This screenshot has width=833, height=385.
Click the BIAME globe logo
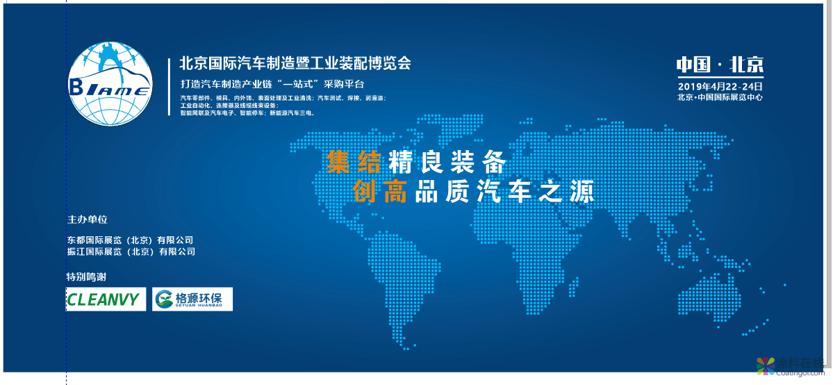point(110,83)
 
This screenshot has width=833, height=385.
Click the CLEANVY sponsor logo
point(106,300)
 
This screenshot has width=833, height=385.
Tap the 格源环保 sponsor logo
point(192,300)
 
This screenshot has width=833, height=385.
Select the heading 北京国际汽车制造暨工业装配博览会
point(295,63)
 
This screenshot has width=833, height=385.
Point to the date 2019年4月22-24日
point(720,86)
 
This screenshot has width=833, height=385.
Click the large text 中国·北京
point(720,65)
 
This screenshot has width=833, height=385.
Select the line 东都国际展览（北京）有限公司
point(131,240)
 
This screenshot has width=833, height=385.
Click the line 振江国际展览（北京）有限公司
point(131,252)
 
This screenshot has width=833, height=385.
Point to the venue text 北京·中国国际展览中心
point(720,97)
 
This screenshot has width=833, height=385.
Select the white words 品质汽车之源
point(504,190)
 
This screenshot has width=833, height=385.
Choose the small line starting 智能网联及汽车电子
point(247,112)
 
